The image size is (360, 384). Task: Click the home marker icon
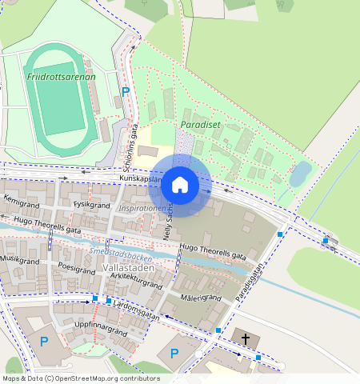click(180, 185)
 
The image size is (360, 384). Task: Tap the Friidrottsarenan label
click(61, 77)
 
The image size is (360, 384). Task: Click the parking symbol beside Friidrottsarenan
click(126, 91)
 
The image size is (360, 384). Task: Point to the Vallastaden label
click(128, 268)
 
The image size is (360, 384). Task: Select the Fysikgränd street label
click(90, 205)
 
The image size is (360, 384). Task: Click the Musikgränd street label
click(19, 259)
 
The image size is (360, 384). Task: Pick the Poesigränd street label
click(77, 270)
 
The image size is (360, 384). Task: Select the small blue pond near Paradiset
click(301, 173)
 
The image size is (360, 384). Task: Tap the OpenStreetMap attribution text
click(81, 378)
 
